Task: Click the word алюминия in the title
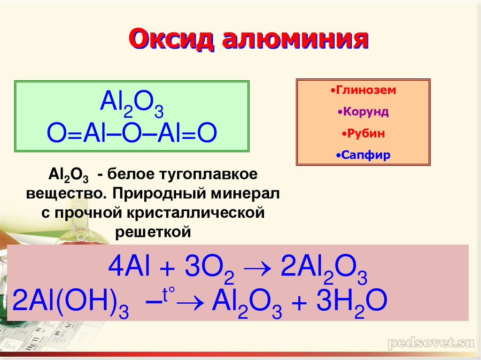pyautogui.click(x=295, y=39)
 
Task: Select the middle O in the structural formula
pyautogui.click(x=131, y=133)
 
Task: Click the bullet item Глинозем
pyautogui.click(x=363, y=90)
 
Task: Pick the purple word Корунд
pyautogui.click(x=363, y=112)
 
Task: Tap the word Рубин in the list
pyautogui.click(x=363, y=133)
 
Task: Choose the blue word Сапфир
pyautogui.click(x=363, y=155)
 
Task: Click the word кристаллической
pyautogui.click(x=196, y=213)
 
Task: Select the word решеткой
pyautogui.click(x=153, y=232)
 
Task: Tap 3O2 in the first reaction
pyautogui.click(x=209, y=268)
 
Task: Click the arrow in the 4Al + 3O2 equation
pyautogui.click(x=258, y=268)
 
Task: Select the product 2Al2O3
pyautogui.click(x=324, y=268)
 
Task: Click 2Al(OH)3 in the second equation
pyautogui.click(x=70, y=302)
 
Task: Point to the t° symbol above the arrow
pyautogui.click(x=169, y=294)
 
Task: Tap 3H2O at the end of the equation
pyautogui.click(x=351, y=302)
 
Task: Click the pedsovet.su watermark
pyautogui.click(x=431, y=343)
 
